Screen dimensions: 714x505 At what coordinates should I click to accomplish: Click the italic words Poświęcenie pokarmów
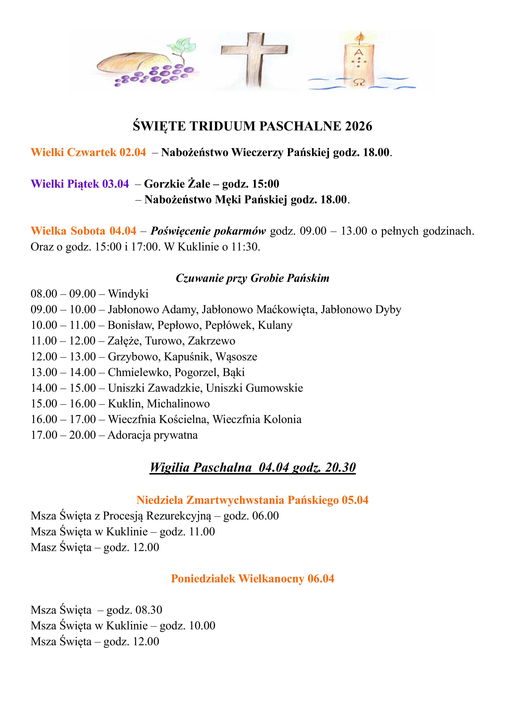coord(208,231)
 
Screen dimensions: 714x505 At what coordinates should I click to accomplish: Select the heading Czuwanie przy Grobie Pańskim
coord(252,278)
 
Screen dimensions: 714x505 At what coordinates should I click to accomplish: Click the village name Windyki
coord(128,294)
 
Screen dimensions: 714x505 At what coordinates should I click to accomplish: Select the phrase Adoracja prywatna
coord(153,435)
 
